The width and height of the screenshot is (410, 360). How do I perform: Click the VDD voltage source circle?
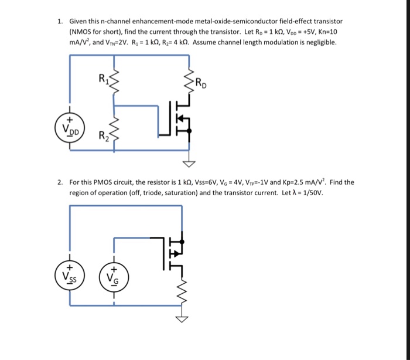pyautogui.click(x=71, y=128)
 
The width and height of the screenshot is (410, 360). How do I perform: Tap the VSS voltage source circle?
pyautogui.click(x=71, y=274)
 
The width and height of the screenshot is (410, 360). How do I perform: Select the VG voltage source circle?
pyautogui.click(x=114, y=274)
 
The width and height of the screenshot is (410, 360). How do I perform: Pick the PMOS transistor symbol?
pyautogui.click(x=175, y=252)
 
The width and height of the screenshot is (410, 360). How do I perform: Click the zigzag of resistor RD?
pyautogui.click(x=189, y=84)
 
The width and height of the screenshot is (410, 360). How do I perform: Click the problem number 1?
pyautogui.click(x=60, y=21)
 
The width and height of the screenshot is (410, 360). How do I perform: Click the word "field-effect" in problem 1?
pyautogui.click(x=300, y=21)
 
